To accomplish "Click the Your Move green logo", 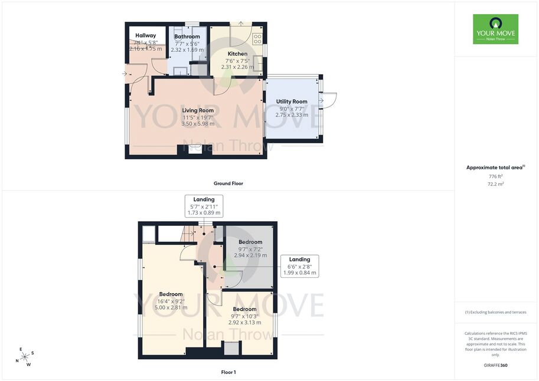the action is tap(495, 29).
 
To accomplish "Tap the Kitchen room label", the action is tap(237, 54).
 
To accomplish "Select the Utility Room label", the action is tap(292, 101).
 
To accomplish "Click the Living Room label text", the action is tap(198, 111).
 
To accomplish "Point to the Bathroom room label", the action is tap(187, 37).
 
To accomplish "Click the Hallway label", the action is tap(146, 35).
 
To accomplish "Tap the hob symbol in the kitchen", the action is tap(257, 39).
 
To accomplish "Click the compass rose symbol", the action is tap(25, 357).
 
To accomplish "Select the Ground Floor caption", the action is tap(228, 183).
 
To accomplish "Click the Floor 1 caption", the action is tap(228, 372).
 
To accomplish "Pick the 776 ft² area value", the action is tap(496, 176).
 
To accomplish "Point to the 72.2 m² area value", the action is tap(496, 184).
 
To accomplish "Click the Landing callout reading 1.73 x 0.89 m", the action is tap(204, 206).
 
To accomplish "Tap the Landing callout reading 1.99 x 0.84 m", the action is tap(300, 266).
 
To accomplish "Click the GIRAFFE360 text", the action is tap(496, 365).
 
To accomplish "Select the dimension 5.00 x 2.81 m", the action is tap(171, 308).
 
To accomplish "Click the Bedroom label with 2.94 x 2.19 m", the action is tap(250, 242).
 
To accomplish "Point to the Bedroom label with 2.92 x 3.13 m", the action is tap(245, 309).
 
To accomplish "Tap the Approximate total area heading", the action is tap(495, 167).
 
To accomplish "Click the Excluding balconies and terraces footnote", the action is tap(496, 312).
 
